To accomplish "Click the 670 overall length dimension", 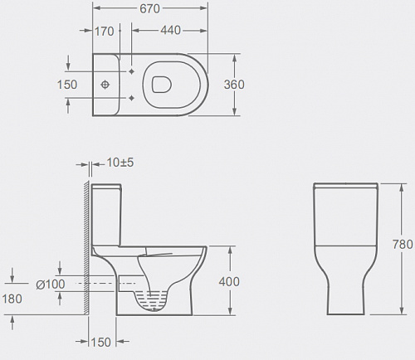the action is [x=149, y=8].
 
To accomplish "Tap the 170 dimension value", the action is [x=105, y=32].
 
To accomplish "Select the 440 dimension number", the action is [x=171, y=30].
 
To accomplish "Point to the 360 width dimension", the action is [x=234, y=85].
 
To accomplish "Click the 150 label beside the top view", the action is [x=67, y=85].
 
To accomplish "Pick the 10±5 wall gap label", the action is [x=120, y=163].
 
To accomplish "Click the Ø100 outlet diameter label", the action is [x=51, y=285].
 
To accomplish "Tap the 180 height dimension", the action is [x=12, y=299].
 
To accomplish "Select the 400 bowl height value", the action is [x=229, y=282].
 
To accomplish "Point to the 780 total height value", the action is [x=403, y=245].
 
